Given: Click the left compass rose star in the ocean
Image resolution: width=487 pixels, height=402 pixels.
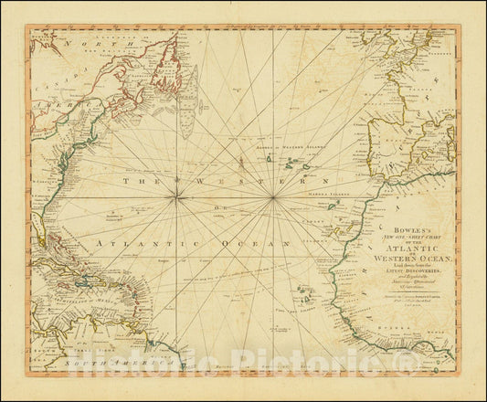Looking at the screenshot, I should (179, 198).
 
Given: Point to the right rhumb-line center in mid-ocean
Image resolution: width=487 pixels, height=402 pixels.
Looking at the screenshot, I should (272, 198).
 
